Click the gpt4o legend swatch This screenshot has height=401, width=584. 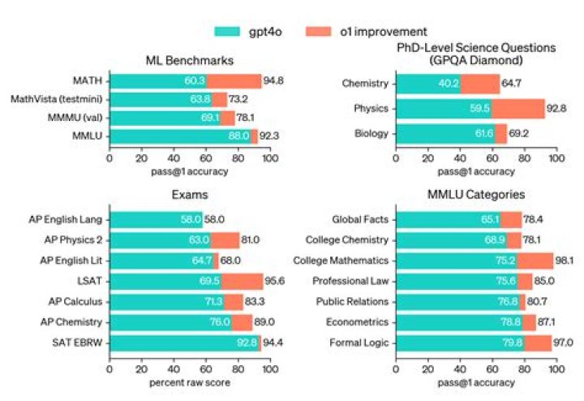point(234,32)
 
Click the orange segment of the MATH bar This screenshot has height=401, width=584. point(234,81)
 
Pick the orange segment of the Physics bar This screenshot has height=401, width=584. point(517,109)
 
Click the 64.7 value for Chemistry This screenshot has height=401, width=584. point(514,82)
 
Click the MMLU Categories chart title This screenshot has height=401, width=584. point(475,196)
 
